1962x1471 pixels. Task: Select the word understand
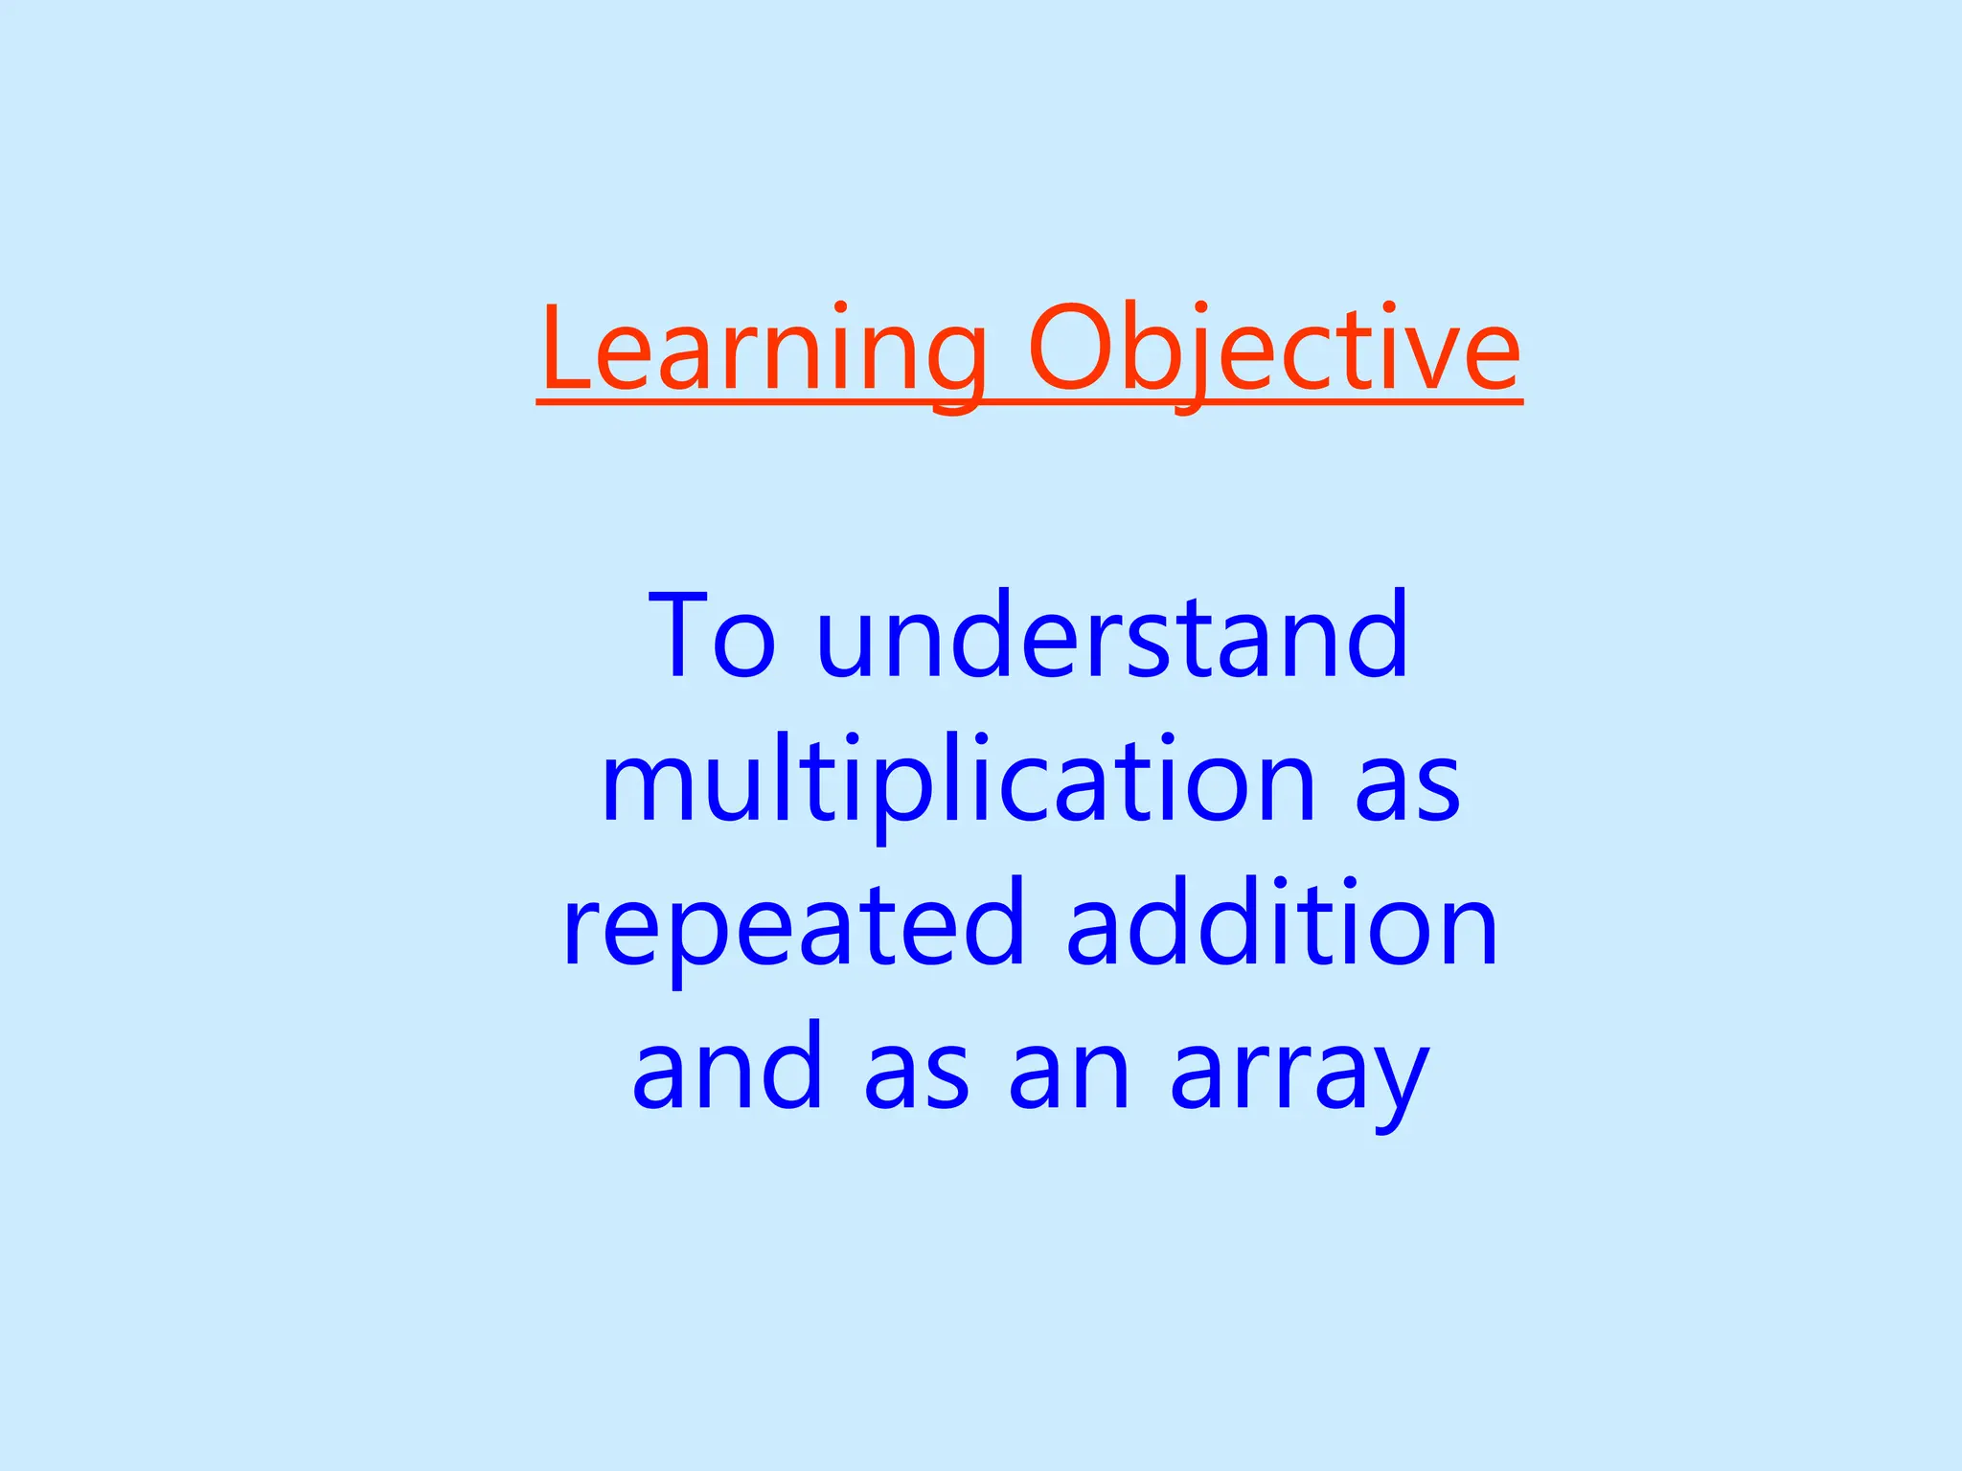pos(1112,636)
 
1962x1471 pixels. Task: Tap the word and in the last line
pos(728,1066)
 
